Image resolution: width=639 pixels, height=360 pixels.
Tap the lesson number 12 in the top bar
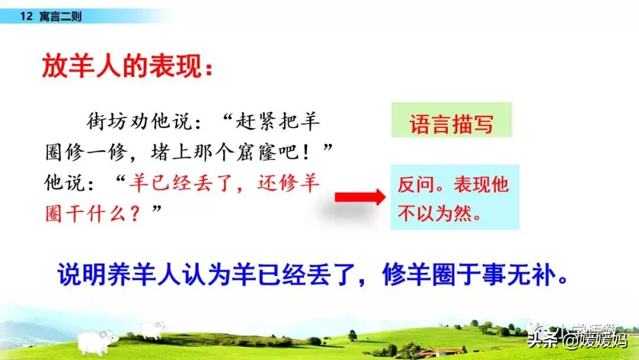pyautogui.click(x=26, y=17)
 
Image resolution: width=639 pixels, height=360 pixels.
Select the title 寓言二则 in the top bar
pyautogui.click(x=61, y=17)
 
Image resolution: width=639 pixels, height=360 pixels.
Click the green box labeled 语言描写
pyautogui.click(x=451, y=120)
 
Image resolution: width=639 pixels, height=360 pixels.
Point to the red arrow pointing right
pyautogui.click(x=360, y=197)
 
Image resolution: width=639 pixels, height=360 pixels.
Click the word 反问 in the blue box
pyautogui.click(x=416, y=184)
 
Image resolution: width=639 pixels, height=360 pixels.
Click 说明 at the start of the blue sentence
pyautogui.click(x=82, y=274)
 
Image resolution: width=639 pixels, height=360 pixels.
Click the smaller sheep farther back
pyautogui.click(x=153, y=329)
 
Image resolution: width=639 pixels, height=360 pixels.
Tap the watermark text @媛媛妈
pyautogui.click(x=595, y=340)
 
